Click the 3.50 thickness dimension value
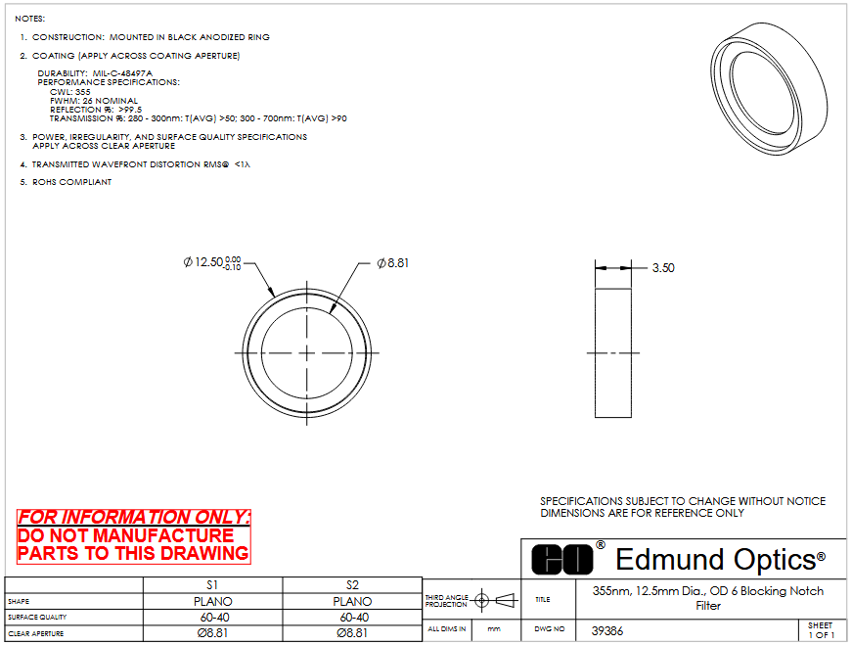663,267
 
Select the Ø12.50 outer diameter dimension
212,262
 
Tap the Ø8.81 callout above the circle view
393,263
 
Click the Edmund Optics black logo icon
562,559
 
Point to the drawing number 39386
606,631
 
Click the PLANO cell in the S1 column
212,602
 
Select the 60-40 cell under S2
354,618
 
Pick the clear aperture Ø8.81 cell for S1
212,633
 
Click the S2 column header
352,585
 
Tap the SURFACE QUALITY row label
37,618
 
